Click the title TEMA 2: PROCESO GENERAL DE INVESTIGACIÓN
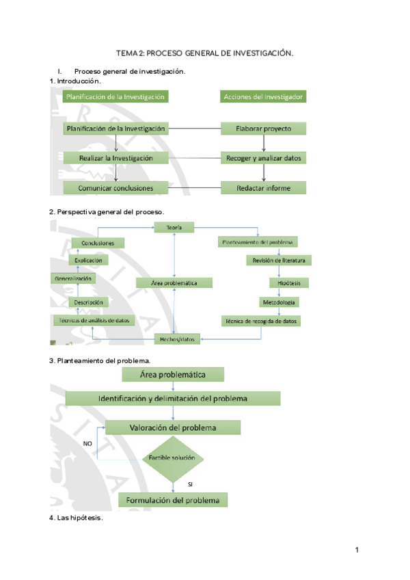(x=205, y=53)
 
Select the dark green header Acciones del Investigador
(x=264, y=97)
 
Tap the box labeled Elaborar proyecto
(x=264, y=128)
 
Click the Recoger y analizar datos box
(x=264, y=158)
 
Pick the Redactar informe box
(x=264, y=187)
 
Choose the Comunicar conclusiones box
(x=115, y=187)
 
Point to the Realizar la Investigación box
(x=115, y=158)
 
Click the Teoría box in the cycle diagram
(x=174, y=227)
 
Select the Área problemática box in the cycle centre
(x=174, y=282)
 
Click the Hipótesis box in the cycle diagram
(x=280, y=282)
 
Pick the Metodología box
(x=280, y=302)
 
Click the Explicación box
(x=88, y=261)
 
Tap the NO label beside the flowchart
(x=87, y=444)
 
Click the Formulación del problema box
(x=173, y=500)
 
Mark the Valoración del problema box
(x=173, y=427)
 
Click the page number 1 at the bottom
(x=357, y=551)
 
